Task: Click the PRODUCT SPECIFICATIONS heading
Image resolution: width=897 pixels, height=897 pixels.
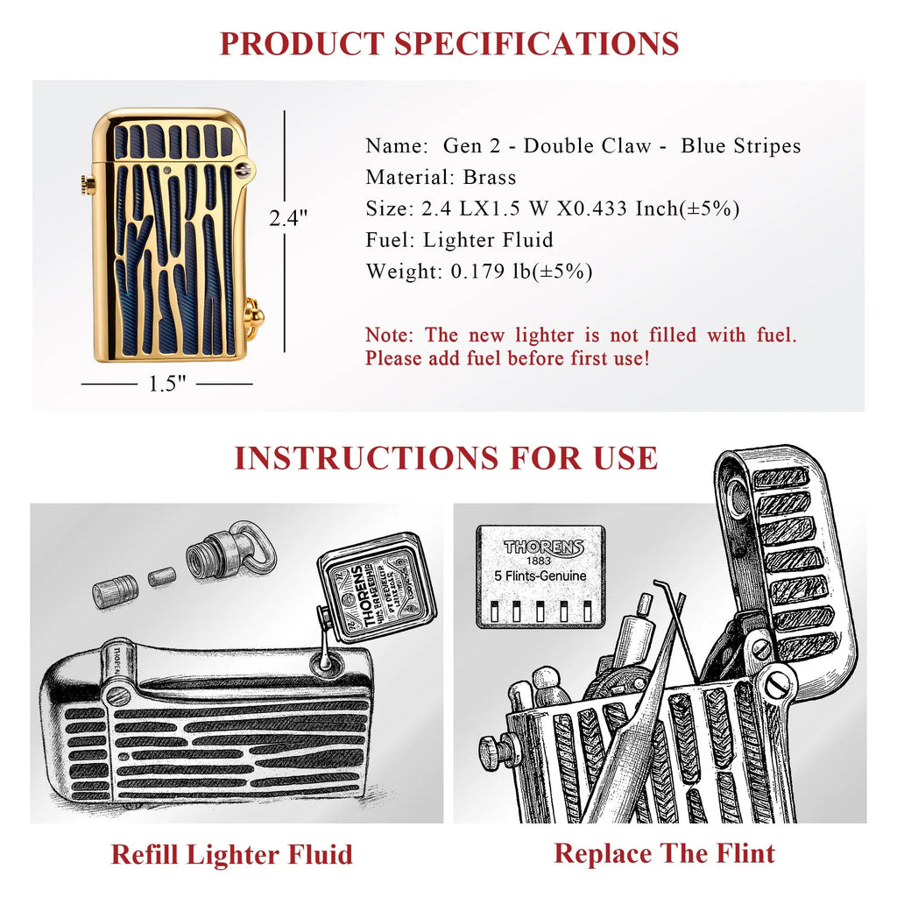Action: [448, 42]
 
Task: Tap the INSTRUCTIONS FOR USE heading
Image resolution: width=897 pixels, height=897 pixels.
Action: [446, 457]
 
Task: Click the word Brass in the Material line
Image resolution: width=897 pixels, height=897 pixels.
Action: [491, 177]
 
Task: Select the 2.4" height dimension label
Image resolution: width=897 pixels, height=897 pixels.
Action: [288, 217]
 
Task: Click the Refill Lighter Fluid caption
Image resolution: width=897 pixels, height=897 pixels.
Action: [231, 854]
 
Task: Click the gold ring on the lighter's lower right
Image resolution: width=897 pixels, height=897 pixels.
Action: [253, 314]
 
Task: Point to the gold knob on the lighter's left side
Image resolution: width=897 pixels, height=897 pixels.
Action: [88, 183]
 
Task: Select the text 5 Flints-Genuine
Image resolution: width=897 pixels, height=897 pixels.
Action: [540, 576]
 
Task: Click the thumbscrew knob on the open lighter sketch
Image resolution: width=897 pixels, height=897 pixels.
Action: [493, 752]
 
